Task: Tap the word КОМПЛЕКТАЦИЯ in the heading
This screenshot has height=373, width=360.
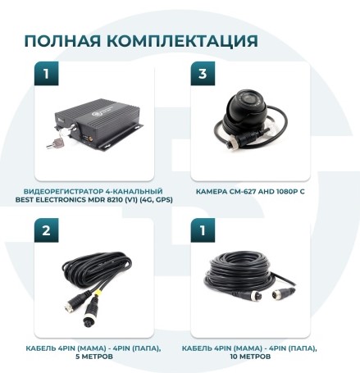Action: (176, 41)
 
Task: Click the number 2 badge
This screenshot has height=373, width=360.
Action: (46, 231)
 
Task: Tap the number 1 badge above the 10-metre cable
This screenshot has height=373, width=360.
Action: (203, 231)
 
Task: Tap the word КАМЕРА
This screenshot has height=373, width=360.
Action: (212, 190)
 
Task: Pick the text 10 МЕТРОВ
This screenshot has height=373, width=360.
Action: (251, 357)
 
